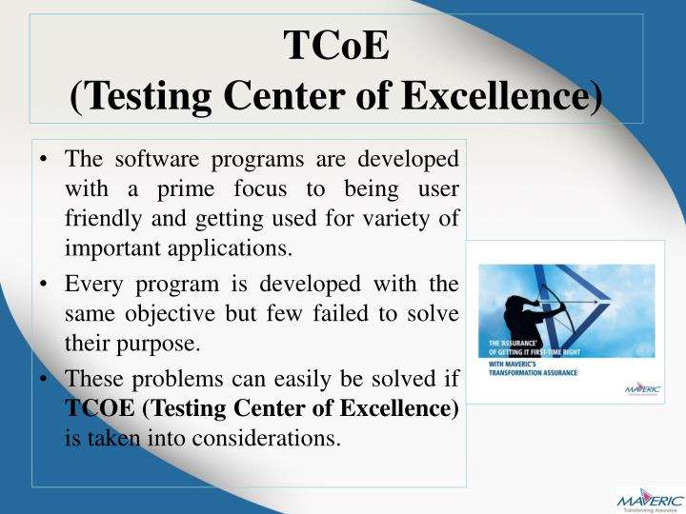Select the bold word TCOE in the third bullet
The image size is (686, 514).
click(98, 409)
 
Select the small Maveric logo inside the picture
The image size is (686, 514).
click(639, 389)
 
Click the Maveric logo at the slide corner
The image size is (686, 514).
click(648, 499)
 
